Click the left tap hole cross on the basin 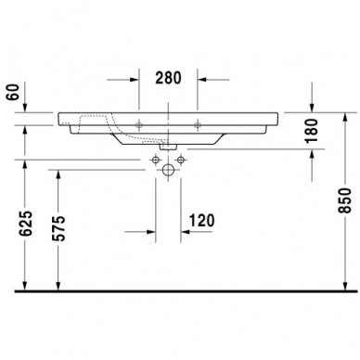click(138, 124)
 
